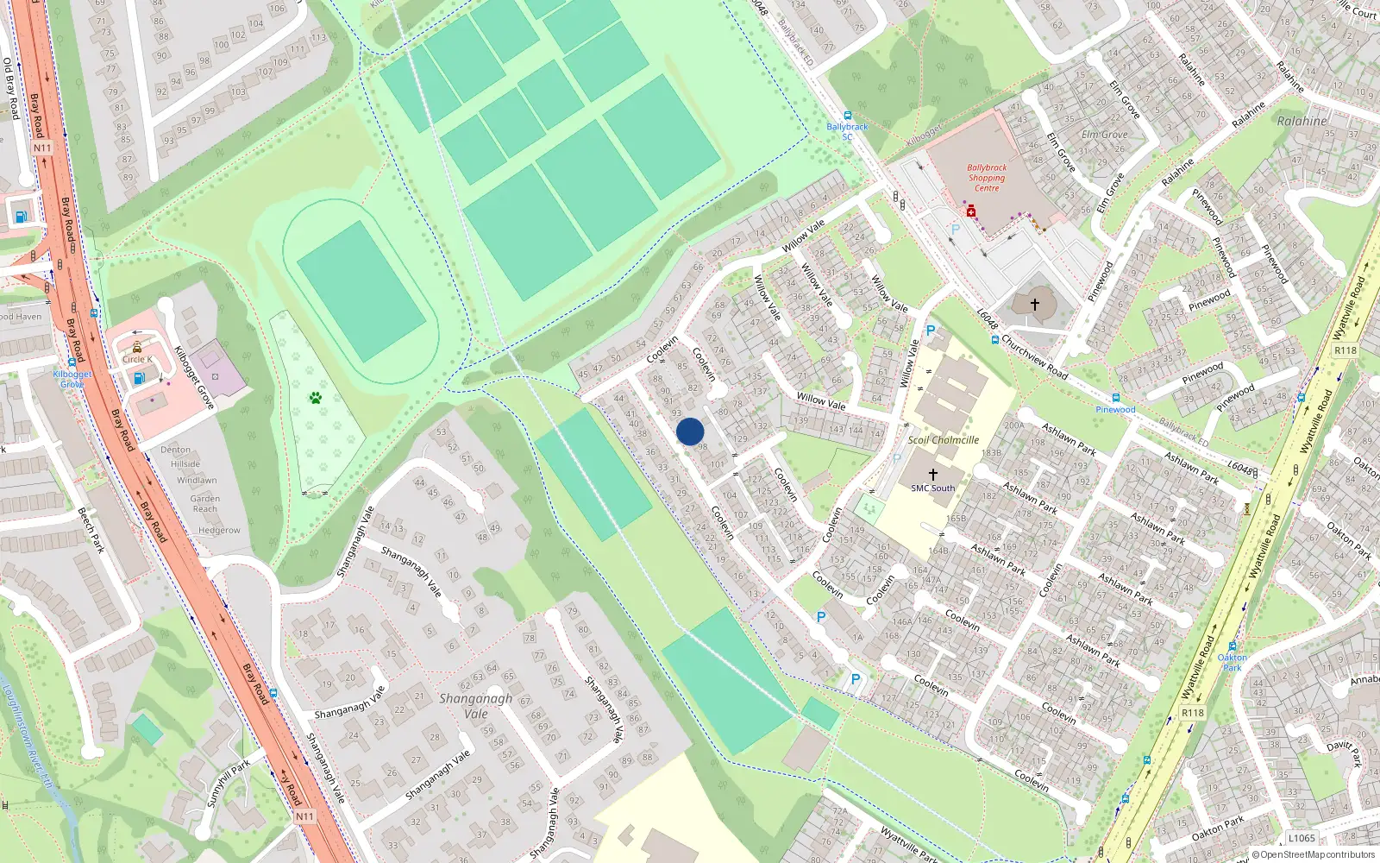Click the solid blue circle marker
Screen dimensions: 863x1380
[x=690, y=431]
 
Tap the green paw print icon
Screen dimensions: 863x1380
[x=316, y=398]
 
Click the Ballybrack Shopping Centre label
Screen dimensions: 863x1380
[x=987, y=178]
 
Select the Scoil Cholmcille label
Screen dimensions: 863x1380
[x=943, y=440]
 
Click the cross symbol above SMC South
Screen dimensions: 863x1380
[x=932, y=475]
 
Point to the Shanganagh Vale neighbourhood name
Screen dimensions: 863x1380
[x=475, y=706]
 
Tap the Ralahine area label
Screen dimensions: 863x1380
[x=1302, y=122]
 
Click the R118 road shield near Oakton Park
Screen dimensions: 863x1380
[x=1193, y=713]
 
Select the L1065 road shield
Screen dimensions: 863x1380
[x=1302, y=838]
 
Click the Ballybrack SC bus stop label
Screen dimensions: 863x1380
[x=847, y=131]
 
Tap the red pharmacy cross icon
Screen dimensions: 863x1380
[x=971, y=211]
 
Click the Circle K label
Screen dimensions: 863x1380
[x=136, y=359]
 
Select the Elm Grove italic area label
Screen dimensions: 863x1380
[x=1104, y=135]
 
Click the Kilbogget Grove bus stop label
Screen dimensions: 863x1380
[x=72, y=379]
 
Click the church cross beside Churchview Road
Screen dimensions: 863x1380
[x=1035, y=304]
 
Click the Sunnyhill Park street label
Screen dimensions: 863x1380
[x=229, y=783]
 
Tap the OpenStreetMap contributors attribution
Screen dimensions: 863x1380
[x=1317, y=854]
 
